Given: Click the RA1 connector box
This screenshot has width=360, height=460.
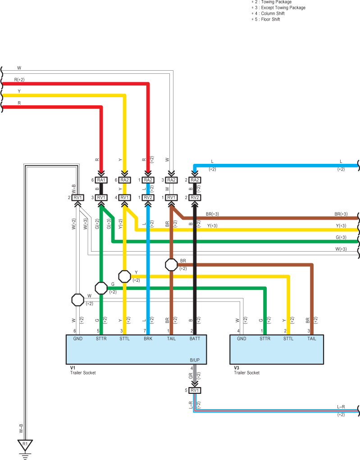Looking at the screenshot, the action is [x=101, y=180].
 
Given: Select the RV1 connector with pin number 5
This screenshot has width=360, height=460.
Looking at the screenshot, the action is [x=195, y=391].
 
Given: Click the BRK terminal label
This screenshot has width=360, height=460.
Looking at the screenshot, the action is [x=148, y=338].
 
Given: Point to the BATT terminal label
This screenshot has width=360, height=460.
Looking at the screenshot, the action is [x=195, y=338].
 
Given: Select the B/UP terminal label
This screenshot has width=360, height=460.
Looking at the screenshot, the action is [x=195, y=360].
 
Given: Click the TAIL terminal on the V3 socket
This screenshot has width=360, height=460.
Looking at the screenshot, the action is [x=312, y=338].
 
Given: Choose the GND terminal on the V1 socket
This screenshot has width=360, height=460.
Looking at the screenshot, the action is [x=78, y=338].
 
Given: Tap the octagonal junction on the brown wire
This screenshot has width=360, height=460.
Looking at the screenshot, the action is [x=172, y=265].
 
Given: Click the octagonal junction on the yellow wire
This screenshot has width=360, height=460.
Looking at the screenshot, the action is [x=124, y=276].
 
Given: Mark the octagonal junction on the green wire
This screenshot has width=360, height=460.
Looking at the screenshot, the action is [x=101, y=288].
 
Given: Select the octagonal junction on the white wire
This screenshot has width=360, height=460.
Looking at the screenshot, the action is [x=78, y=300].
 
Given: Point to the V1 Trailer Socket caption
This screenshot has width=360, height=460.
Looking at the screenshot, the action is [x=83, y=370].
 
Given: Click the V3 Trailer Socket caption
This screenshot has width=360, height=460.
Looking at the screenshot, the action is [x=246, y=370].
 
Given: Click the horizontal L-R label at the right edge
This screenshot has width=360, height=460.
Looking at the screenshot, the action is [x=341, y=407].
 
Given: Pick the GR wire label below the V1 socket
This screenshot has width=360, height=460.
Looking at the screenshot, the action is [x=191, y=376].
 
